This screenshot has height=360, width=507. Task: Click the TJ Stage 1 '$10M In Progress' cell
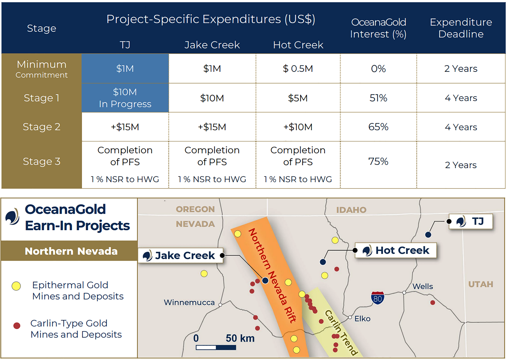point(125,98)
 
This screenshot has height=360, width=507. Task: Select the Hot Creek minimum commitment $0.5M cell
point(298,69)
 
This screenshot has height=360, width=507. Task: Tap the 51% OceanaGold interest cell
point(378,98)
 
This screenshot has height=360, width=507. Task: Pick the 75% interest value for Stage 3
point(378,161)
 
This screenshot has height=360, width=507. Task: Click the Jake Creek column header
point(212,45)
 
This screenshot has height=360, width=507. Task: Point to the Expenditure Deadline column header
point(461,28)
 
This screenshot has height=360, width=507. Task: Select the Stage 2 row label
point(42,127)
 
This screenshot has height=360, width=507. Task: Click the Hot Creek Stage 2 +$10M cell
point(298,127)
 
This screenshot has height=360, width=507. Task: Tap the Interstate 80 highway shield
point(377,298)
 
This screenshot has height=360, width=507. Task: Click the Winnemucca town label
point(189,302)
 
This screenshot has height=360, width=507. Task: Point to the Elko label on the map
point(362,319)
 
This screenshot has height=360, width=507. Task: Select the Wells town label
point(422,286)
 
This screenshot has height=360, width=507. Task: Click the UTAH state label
point(481,284)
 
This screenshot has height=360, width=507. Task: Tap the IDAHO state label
point(351,210)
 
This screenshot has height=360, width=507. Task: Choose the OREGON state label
point(195,209)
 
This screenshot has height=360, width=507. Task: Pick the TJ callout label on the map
point(471,221)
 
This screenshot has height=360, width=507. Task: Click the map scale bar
point(216,347)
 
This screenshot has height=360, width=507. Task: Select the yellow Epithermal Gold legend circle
point(16,286)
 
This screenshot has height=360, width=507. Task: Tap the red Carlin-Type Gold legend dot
point(17,326)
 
